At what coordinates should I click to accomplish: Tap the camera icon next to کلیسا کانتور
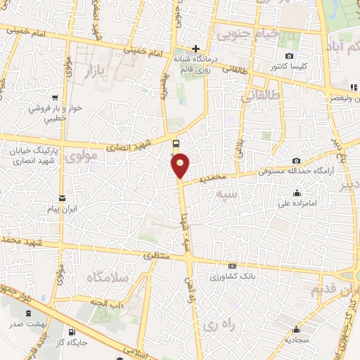(x=289, y=56)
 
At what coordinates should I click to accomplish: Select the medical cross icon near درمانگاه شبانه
(x=195, y=49)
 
